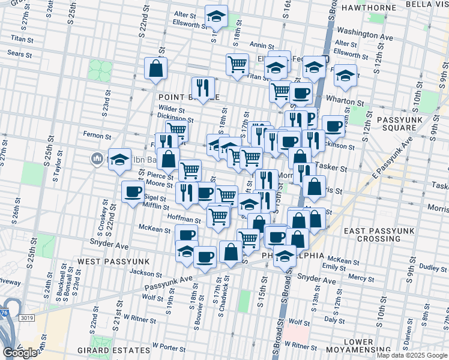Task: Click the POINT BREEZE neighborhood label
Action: [188, 97]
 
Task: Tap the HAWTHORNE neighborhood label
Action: [369, 7]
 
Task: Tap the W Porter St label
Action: [168, 346]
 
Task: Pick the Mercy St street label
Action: [361, 277]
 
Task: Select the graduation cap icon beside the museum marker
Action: [120, 159]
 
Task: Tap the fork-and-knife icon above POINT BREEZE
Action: [203, 87]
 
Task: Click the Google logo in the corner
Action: [19, 353]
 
